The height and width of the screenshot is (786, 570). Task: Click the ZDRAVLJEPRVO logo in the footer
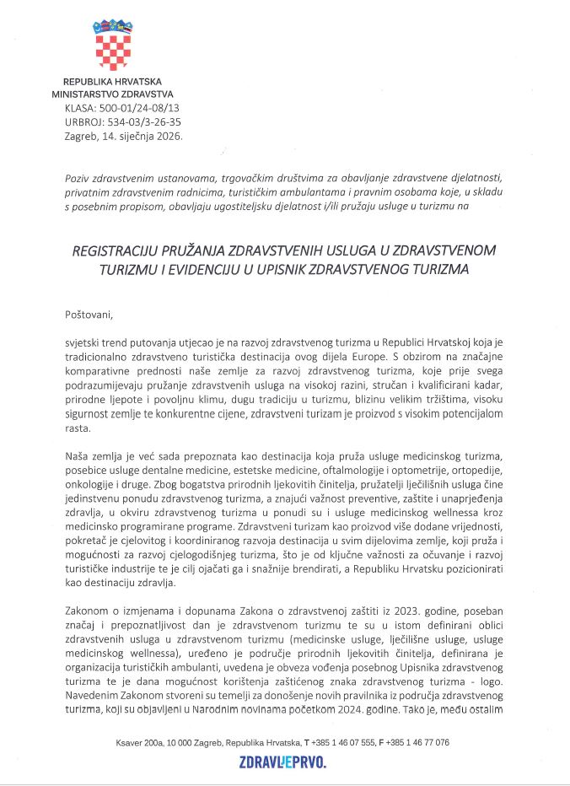(x=282, y=762)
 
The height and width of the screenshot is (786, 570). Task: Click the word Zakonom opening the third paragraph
(x=88, y=608)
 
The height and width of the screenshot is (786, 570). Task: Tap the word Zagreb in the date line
(x=81, y=134)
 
